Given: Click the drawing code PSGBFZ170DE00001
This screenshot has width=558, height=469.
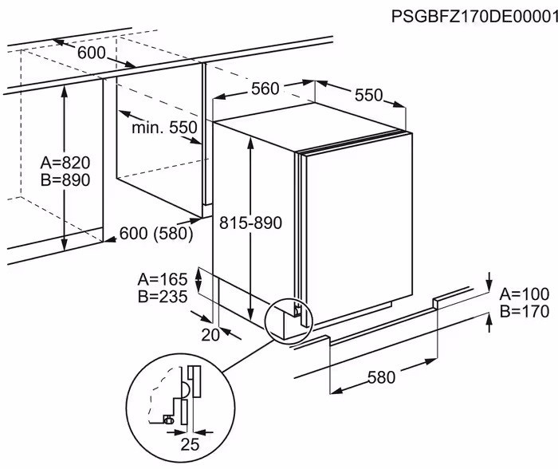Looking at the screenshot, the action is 474,17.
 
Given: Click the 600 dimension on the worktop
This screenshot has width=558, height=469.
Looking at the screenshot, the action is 92,53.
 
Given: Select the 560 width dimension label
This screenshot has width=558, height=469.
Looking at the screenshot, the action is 265,89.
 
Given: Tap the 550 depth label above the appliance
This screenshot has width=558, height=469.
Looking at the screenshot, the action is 368,95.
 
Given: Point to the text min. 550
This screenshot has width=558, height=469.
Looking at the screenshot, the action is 164,127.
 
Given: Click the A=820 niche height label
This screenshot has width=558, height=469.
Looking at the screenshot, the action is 65,163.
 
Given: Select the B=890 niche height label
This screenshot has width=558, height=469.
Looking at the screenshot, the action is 65,179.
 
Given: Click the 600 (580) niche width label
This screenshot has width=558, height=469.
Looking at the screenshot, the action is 156,234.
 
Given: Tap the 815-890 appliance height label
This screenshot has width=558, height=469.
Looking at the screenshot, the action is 250,223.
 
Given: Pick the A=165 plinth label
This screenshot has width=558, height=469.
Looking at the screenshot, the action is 163,279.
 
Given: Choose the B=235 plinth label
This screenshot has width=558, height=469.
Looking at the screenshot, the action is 163,296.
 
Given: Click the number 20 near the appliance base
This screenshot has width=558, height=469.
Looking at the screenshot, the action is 210,335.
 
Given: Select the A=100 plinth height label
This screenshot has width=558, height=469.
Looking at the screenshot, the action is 525,294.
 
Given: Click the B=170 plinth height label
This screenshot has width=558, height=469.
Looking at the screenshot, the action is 525,311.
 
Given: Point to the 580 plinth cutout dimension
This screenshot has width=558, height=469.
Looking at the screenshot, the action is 381,377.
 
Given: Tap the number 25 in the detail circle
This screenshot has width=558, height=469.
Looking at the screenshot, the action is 190,444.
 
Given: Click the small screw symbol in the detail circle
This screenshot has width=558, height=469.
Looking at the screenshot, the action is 168,420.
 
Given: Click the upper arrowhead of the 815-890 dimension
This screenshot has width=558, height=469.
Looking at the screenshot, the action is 251,143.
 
